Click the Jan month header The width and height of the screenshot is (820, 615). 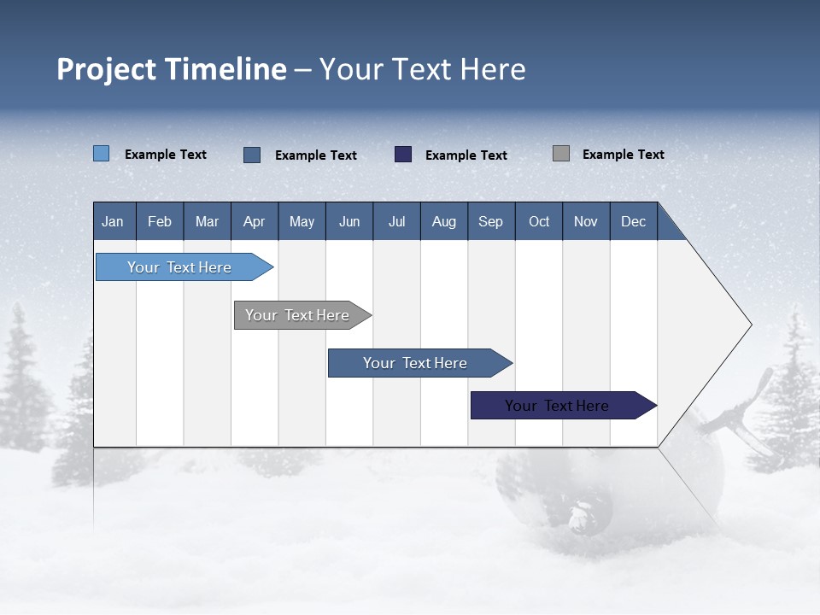[114, 221]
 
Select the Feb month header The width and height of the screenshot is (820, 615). [160, 221]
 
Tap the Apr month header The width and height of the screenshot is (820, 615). [255, 221]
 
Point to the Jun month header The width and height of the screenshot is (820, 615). [349, 221]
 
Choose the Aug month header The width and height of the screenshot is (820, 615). [443, 221]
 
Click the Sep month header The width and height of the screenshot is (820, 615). [491, 221]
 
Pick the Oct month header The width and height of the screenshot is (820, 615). [539, 221]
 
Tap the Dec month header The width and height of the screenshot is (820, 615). [633, 221]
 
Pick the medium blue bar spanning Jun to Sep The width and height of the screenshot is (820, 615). [416, 363]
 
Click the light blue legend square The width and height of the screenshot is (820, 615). [102, 154]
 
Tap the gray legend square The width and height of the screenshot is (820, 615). [561, 154]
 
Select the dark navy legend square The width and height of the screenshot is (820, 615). [403, 155]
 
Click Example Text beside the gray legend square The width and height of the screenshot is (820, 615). [623, 155]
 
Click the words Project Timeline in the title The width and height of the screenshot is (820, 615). [172, 69]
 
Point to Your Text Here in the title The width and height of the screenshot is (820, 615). [422, 69]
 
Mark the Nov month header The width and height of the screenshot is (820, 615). [586, 221]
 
